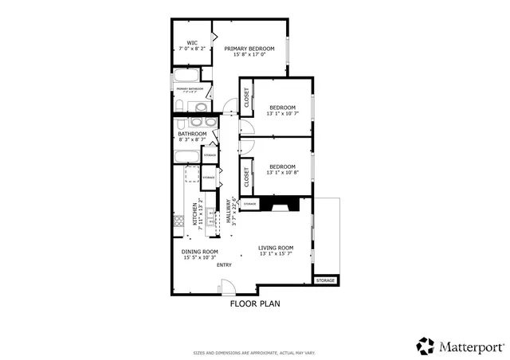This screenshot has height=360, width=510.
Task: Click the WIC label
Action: click(192, 43)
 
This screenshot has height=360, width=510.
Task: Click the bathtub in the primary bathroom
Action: click(189, 78)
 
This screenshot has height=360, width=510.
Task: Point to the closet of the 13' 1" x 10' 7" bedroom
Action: click(247, 97)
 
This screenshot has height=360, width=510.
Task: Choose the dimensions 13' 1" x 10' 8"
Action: click(282, 173)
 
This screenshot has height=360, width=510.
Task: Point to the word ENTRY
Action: click(224, 264)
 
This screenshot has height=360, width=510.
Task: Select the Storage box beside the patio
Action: click(325, 280)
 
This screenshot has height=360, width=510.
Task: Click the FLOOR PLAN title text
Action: click(255, 303)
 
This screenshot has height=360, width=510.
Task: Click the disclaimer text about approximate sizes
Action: click(255, 352)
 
